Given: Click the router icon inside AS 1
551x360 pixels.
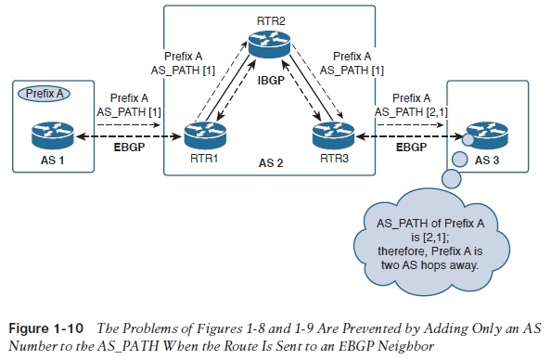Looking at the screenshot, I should tap(53, 134).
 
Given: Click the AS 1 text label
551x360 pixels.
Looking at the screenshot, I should tap(53, 161).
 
